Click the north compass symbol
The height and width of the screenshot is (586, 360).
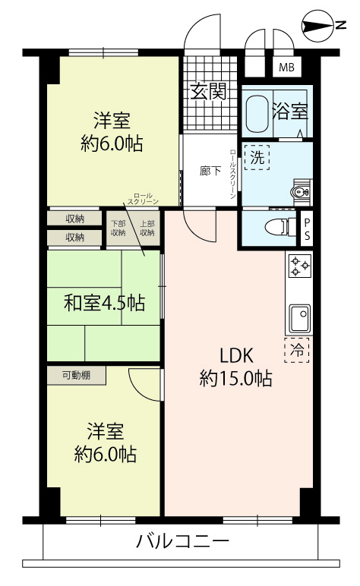[317, 26]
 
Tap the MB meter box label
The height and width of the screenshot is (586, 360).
[287, 68]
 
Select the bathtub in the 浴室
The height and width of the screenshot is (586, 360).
[257, 113]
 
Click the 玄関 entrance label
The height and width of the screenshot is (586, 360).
[209, 92]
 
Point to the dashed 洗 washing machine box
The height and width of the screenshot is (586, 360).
[257, 157]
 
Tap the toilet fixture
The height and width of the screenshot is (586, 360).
[280, 226]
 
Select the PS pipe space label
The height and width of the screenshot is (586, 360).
[307, 229]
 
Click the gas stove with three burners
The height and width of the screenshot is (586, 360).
[300, 266]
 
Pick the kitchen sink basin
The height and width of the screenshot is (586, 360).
[300, 317]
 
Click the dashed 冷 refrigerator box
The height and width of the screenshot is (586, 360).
[297, 350]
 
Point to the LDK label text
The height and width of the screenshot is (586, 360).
[237, 355]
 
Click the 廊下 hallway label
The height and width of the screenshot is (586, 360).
[210, 171]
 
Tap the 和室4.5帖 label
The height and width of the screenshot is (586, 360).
[104, 302]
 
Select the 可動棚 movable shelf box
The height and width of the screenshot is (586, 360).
[76, 376]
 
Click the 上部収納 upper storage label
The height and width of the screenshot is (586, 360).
[147, 228]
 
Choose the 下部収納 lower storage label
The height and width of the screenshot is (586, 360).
[118, 228]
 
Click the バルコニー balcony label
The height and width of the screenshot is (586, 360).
[182, 540]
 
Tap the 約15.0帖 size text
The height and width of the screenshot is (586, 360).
[236, 379]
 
